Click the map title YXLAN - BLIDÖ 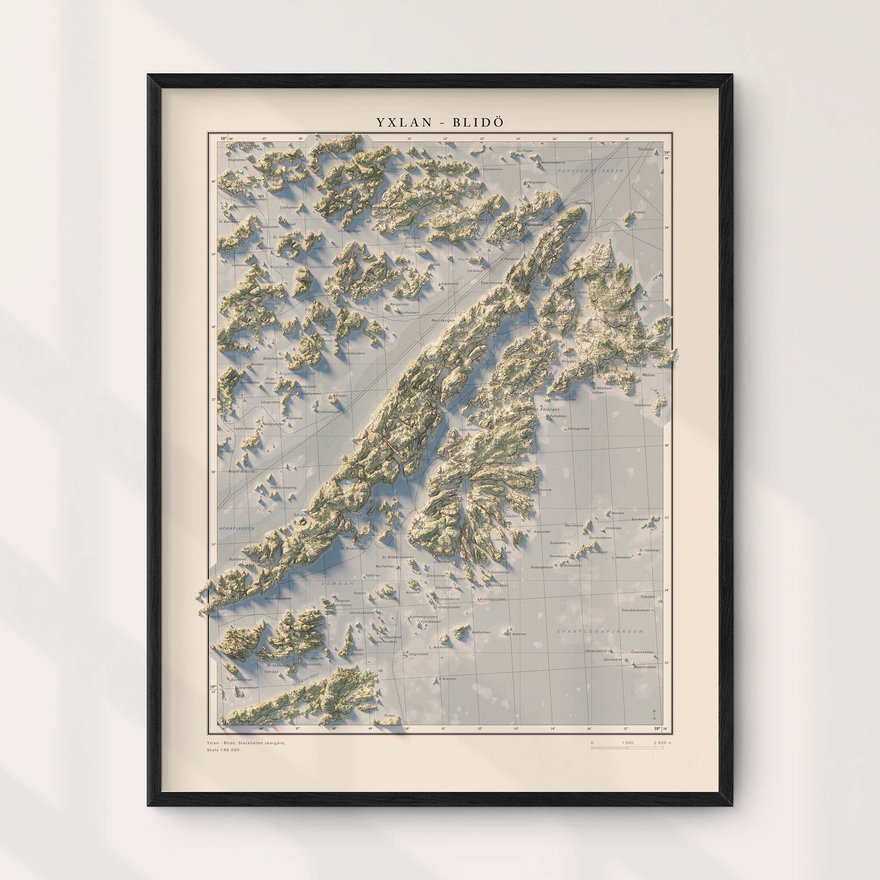coord(440,122)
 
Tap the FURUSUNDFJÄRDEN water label coord(590,171)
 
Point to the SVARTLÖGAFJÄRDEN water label coord(600,631)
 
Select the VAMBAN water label coord(337,583)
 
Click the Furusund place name coord(534,225)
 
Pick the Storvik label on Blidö coord(544,490)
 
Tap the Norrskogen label coord(443,321)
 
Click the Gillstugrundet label coord(578,429)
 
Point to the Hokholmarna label coord(283,488)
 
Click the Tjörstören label coord(645,150)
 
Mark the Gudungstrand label coord(542,567)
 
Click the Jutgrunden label coord(418,654)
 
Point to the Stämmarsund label coord(525,325)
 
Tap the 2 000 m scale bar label coord(663,742)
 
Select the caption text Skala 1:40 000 coord(224,750)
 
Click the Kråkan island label coord(639,212)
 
